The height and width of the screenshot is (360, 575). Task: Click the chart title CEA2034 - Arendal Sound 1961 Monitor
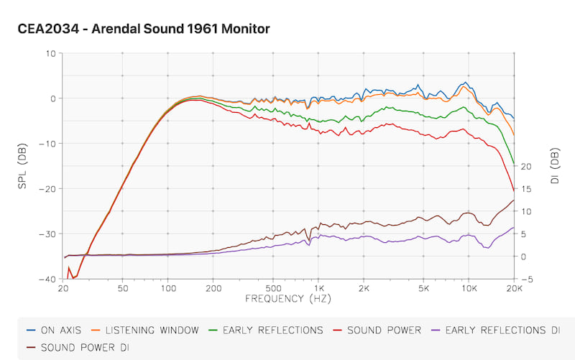click(144, 29)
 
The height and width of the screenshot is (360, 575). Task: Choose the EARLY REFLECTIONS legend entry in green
click(272, 331)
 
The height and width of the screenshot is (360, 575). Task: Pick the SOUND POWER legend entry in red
click(384, 331)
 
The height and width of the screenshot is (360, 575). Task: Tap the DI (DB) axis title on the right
click(555, 167)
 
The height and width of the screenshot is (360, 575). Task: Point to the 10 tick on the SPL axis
click(50, 53)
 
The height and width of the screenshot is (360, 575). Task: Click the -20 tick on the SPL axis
click(47, 189)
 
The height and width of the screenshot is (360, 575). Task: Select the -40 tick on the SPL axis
click(47, 279)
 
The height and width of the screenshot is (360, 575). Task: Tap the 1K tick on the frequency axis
click(318, 288)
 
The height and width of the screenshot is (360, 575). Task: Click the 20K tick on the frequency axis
click(513, 288)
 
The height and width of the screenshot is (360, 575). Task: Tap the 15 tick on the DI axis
click(526, 189)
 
